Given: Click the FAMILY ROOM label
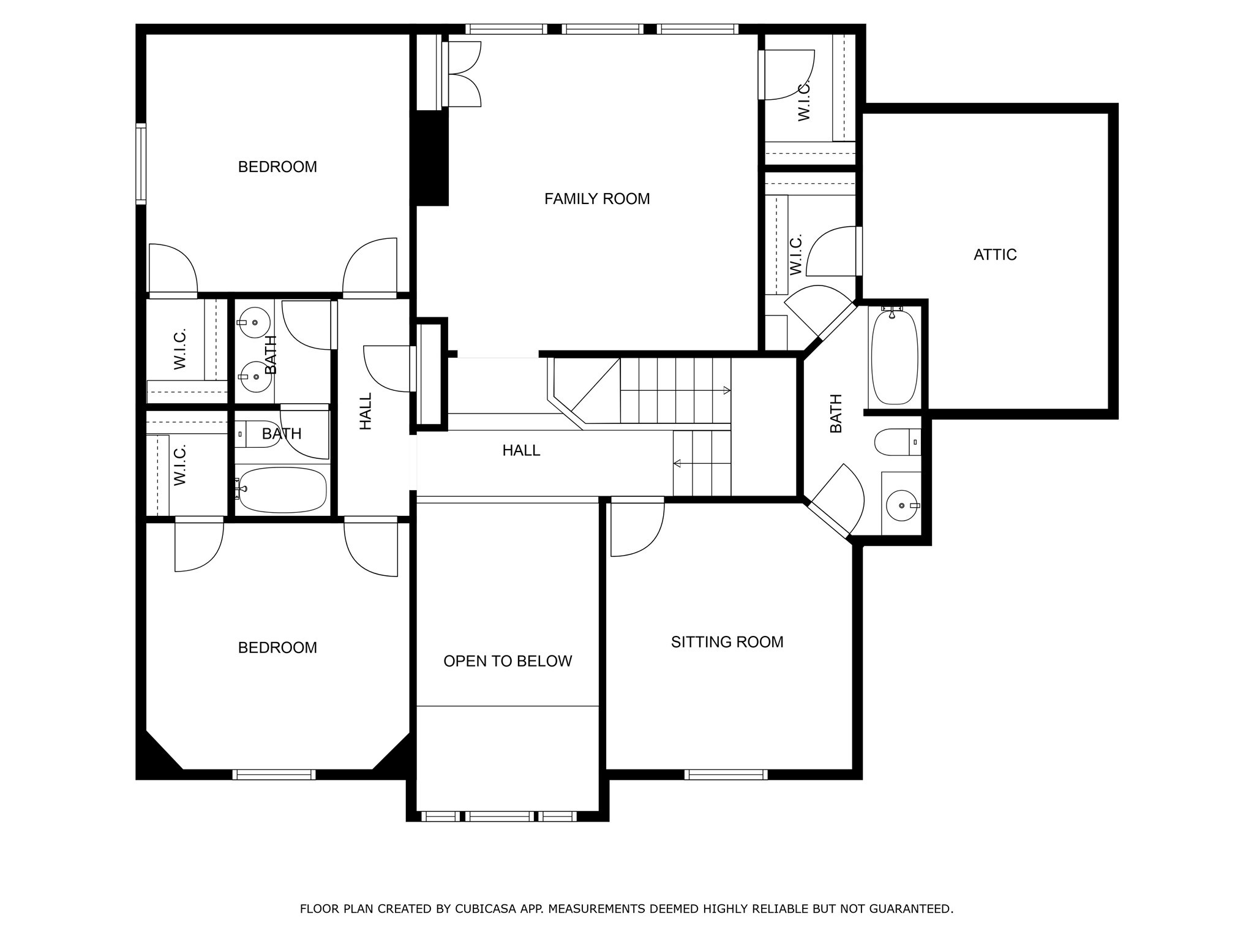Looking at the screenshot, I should (596, 198).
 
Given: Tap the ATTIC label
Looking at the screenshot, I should (994, 254).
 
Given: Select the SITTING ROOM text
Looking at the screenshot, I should (727, 641).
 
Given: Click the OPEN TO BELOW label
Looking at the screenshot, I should (507, 661).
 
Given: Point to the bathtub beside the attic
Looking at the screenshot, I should (895, 357).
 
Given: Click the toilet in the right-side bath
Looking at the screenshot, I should (897, 442).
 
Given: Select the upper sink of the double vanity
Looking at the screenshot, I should (254, 322).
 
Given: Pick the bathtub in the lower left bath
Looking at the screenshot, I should (282, 489).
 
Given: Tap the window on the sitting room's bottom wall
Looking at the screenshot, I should (726, 774).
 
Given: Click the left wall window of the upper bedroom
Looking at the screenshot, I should (141, 163).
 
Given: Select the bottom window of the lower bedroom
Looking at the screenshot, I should (274, 774).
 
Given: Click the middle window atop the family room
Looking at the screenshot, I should (602, 29).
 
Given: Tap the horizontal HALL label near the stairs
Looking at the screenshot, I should (521, 450).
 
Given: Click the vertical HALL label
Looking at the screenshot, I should (366, 411).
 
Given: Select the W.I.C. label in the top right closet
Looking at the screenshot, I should (804, 99).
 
